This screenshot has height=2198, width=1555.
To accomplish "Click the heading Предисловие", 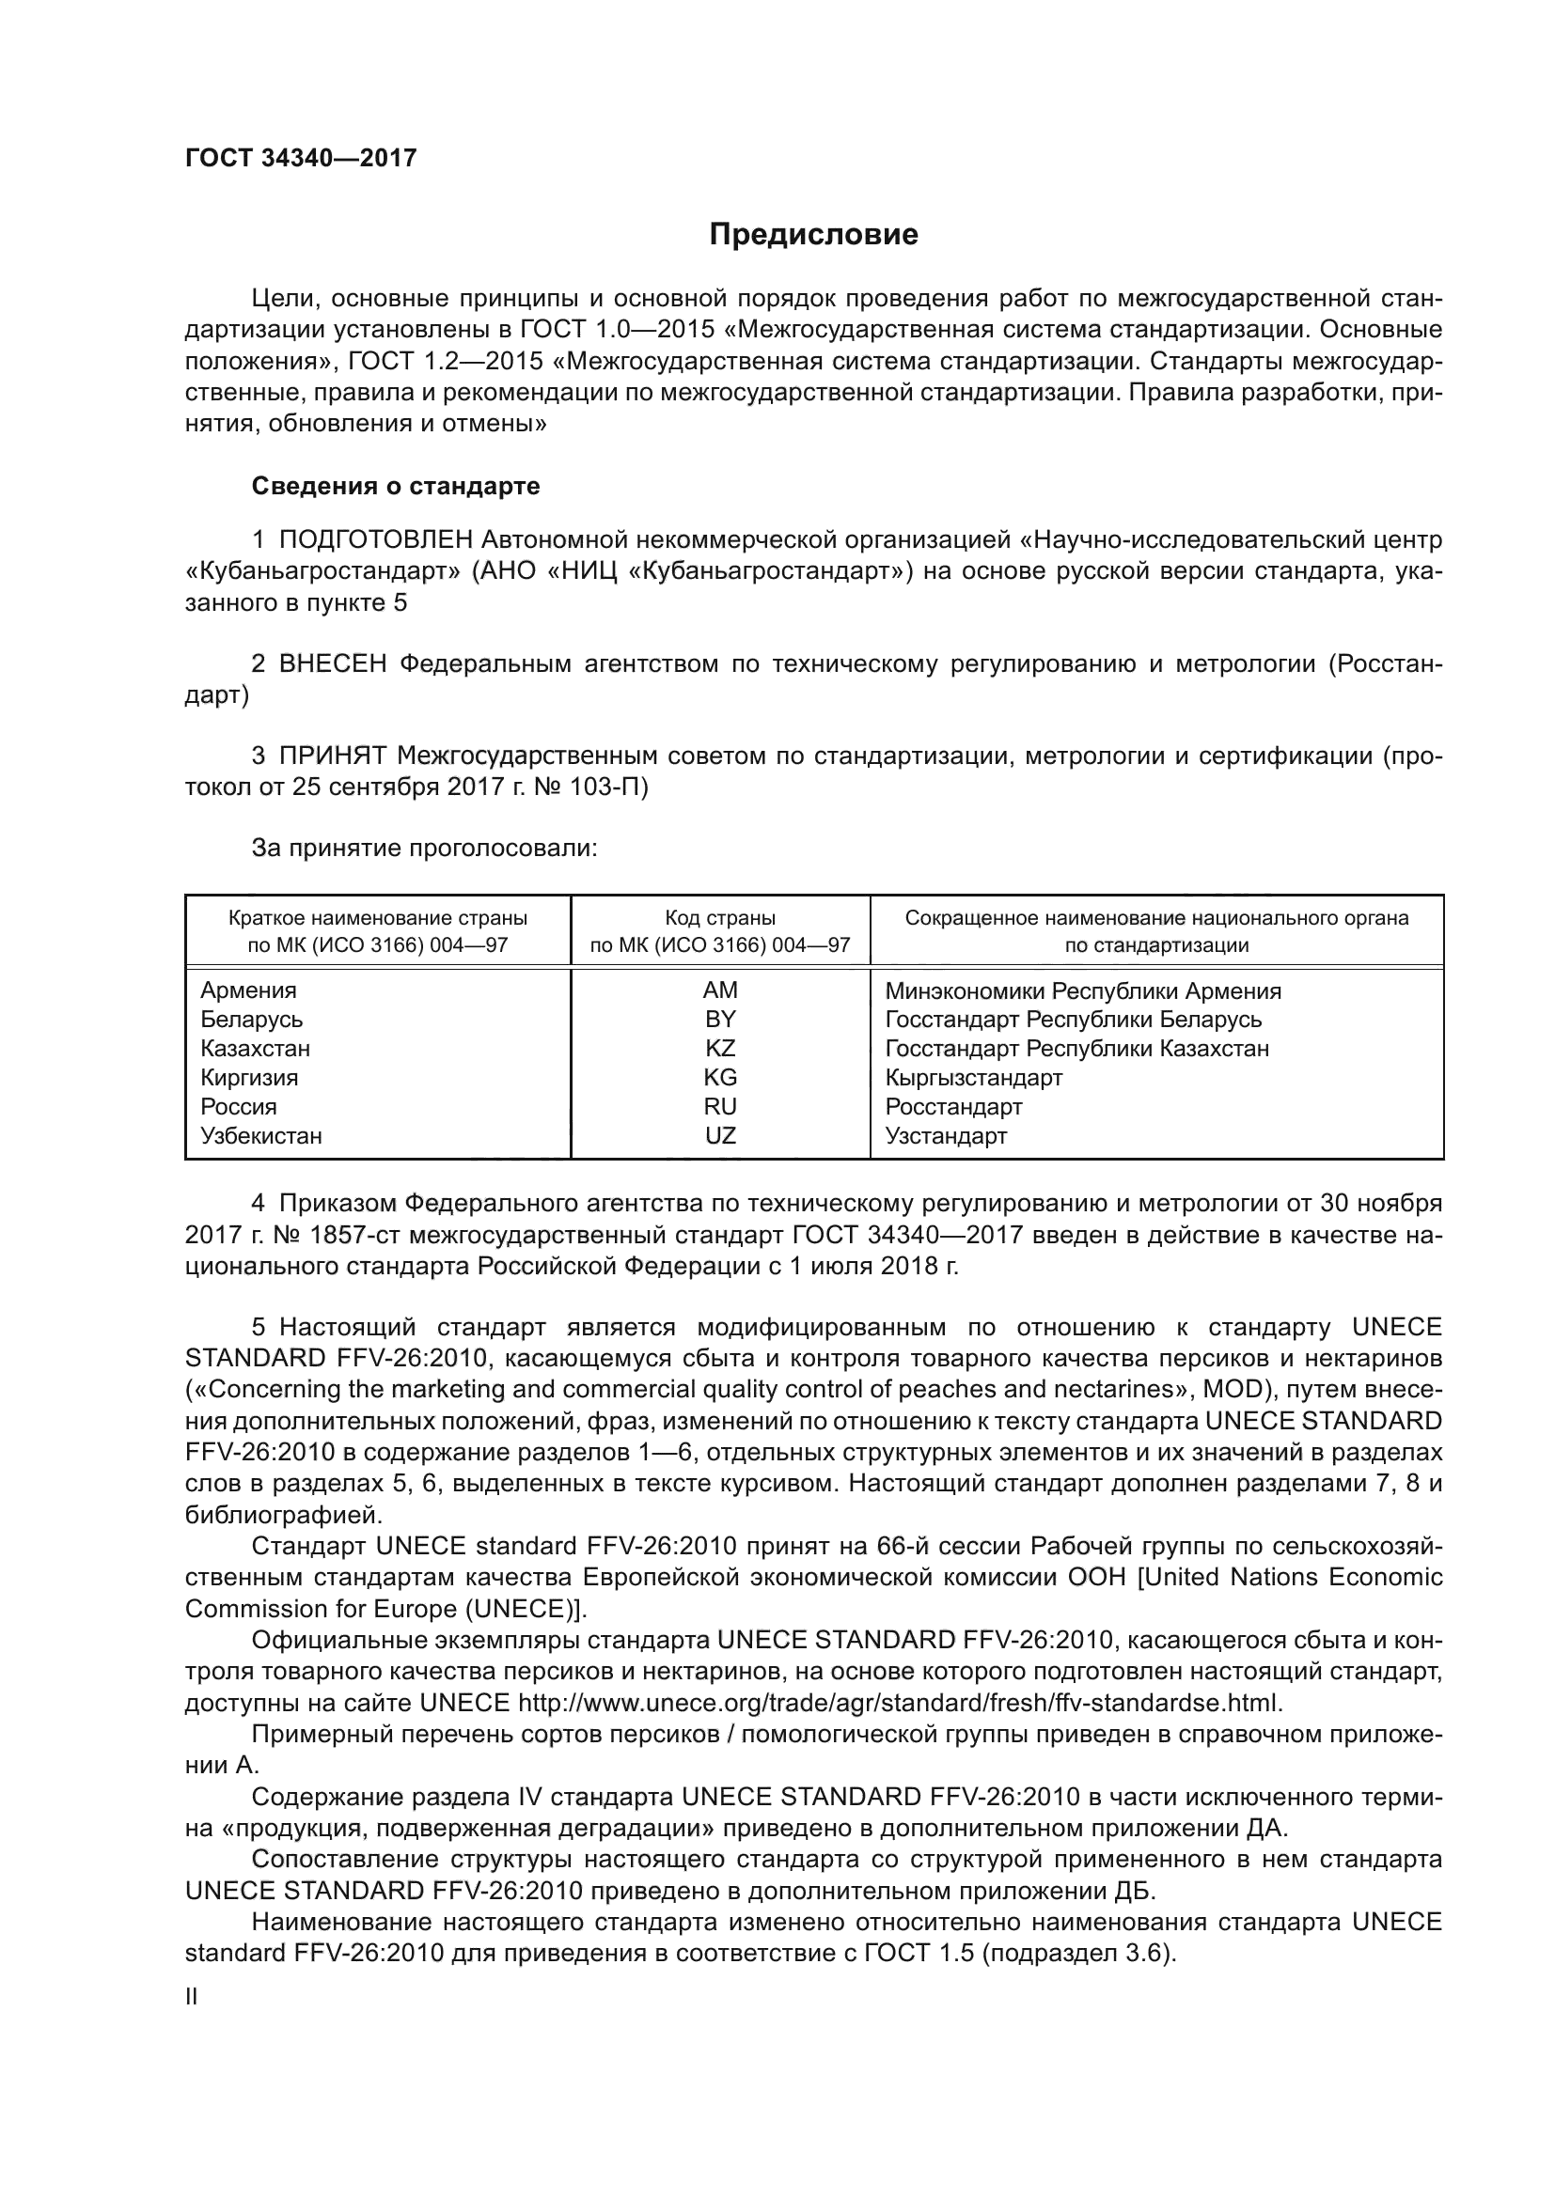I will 813,235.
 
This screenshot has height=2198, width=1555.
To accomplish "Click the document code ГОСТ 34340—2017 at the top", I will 301,158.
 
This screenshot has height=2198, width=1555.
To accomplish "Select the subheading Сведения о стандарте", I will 396,487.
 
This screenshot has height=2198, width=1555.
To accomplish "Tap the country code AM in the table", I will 720,990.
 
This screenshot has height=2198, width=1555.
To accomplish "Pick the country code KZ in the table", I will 720,1049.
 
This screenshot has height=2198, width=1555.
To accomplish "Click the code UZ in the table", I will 720,1135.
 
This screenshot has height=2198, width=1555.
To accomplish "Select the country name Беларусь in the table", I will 252,1020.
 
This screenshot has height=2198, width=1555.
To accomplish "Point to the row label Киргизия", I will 249,1078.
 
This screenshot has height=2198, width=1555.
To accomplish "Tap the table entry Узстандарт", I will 946,1136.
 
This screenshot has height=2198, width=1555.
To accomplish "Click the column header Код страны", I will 720,918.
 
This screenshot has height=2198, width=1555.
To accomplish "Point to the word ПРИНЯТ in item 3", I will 332,756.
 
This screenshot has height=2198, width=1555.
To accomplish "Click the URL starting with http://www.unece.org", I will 899,1704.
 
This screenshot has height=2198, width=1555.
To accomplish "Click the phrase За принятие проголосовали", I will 424,849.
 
